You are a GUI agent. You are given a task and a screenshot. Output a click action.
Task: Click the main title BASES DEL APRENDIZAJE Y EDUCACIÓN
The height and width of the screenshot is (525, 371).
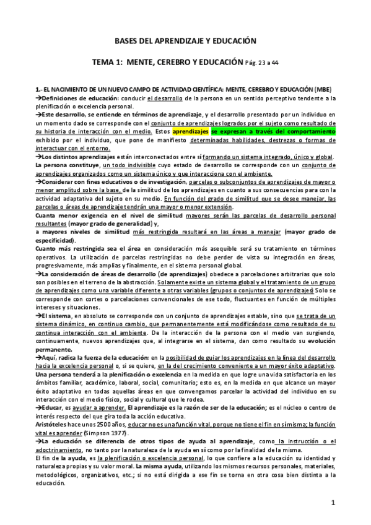pyautogui.click(x=185, y=40)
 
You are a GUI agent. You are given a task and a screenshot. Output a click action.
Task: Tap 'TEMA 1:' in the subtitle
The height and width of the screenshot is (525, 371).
pyautogui.click(x=107, y=63)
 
